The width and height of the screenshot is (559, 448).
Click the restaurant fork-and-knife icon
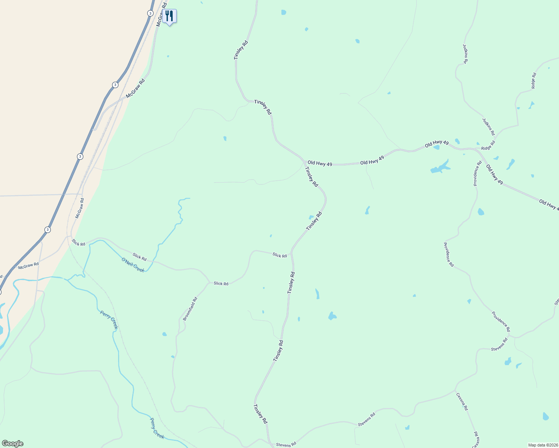169,16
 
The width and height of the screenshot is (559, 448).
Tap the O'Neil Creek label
133,265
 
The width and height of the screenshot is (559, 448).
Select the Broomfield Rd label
190,309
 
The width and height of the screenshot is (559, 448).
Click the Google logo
12,443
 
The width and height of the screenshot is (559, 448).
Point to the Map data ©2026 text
543,445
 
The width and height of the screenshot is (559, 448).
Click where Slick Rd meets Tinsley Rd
291,253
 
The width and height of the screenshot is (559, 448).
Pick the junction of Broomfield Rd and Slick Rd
209,283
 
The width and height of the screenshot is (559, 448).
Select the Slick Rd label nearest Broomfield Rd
221,284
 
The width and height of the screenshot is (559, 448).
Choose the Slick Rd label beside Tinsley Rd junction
279,255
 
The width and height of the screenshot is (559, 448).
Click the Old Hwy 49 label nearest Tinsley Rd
320,164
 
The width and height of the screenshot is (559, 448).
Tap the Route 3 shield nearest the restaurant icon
150,13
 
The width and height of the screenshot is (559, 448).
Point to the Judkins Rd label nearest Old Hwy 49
488,127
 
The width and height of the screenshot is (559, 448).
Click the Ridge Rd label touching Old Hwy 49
488,146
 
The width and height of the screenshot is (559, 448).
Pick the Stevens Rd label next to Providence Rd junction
499,344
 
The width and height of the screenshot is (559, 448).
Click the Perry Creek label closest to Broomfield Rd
109,320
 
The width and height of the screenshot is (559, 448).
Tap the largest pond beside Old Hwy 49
440,167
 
